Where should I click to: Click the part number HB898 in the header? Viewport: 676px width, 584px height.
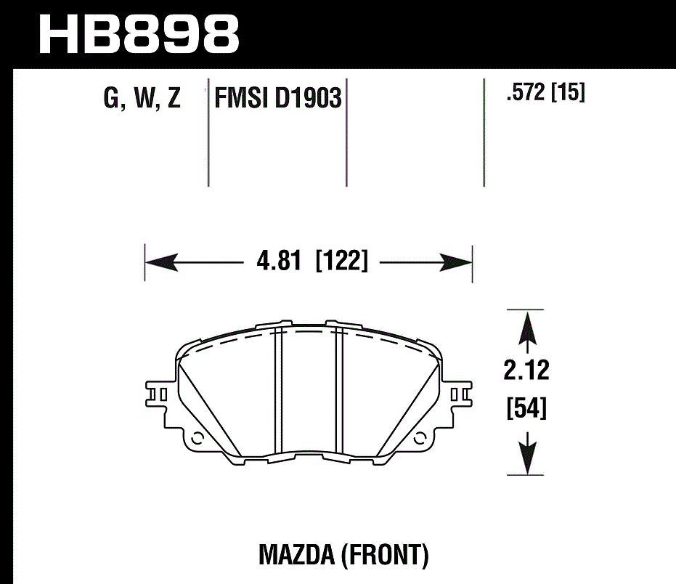138,33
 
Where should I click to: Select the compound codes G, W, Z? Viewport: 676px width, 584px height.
142,98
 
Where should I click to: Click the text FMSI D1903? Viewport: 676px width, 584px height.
277,98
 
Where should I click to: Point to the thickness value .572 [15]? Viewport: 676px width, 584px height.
545,94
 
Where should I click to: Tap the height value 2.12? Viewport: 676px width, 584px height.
526,371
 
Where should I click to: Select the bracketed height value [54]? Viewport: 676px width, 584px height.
526,409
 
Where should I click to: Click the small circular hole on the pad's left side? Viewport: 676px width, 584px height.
197,439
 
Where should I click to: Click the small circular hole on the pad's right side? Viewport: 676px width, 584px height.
420,439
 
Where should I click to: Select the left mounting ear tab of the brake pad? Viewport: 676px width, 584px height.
161,394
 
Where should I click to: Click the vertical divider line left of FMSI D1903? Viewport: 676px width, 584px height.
208,131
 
